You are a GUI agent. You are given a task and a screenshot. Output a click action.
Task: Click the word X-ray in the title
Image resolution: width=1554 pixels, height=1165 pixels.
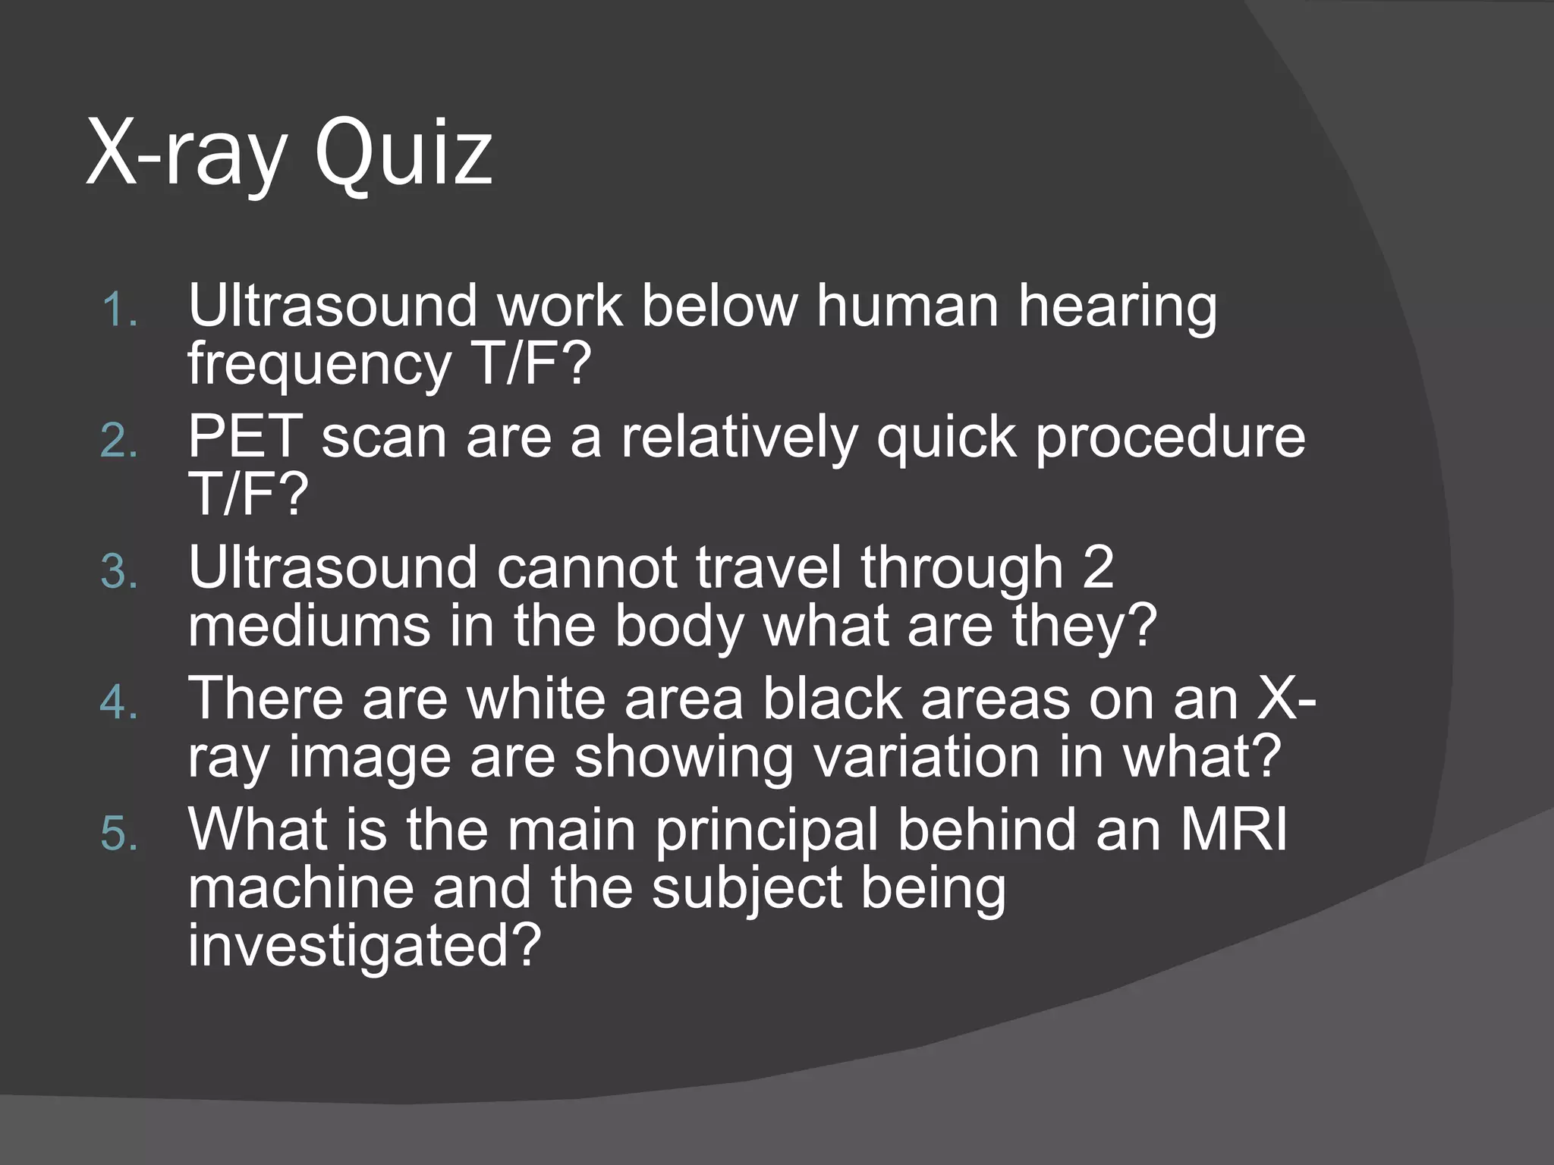point(187,155)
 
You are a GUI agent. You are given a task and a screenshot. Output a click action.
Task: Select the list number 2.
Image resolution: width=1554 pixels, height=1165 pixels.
point(119,441)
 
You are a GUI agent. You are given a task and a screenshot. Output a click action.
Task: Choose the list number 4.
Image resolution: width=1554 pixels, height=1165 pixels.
point(119,703)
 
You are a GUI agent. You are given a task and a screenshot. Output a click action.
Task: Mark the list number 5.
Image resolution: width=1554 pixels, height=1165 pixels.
point(119,834)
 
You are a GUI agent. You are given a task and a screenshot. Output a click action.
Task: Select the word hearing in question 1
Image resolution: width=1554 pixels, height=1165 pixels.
point(1117,307)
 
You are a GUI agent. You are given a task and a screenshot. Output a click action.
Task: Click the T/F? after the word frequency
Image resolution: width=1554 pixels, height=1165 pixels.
point(530,365)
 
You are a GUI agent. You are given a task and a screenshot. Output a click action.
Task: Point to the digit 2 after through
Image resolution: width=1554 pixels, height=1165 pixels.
point(1097,567)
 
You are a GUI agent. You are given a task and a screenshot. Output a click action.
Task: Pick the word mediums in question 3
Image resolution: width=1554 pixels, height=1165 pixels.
point(310,626)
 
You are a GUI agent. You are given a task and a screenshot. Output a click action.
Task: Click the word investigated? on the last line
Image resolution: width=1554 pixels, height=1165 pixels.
point(364,946)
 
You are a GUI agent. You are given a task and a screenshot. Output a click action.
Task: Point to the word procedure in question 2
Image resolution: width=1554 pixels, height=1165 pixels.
point(1170,438)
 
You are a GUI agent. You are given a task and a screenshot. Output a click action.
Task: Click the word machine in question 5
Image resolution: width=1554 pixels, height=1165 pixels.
point(300,888)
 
